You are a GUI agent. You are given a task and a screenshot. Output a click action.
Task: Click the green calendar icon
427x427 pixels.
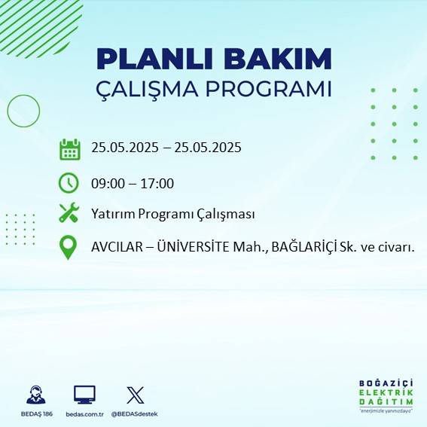[69, 149]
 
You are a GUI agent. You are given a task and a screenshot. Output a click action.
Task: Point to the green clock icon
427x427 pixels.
[69, 182]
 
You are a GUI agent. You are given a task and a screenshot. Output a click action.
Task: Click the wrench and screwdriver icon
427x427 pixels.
[69, 214]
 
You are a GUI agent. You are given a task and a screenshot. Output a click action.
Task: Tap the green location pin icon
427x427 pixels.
[69, 247]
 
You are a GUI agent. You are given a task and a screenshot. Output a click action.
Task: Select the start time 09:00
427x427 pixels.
[107, 183]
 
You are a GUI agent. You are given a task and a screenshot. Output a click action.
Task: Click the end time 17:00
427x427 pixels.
[158, 183]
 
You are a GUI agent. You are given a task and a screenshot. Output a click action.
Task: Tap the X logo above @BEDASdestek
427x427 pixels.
[136, 395]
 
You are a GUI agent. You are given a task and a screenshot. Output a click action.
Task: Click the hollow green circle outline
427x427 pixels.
[23, 111]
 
